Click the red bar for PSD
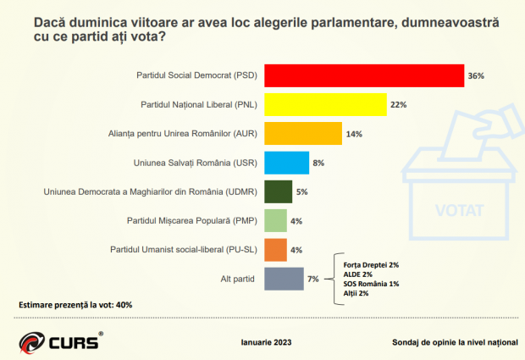click(364, 75)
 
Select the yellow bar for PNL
click(325, 105)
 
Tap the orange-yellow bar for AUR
click(303, 134)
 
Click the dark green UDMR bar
click(279, 191)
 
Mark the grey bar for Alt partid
click(284, 279)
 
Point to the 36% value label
click(475, 76)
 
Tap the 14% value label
click(354, 134)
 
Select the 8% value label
click(318, 163)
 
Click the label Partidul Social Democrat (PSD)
click(197, 76)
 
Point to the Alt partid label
click(238, 279)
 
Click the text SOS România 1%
click(369, 284)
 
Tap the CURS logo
click(60, 342)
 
